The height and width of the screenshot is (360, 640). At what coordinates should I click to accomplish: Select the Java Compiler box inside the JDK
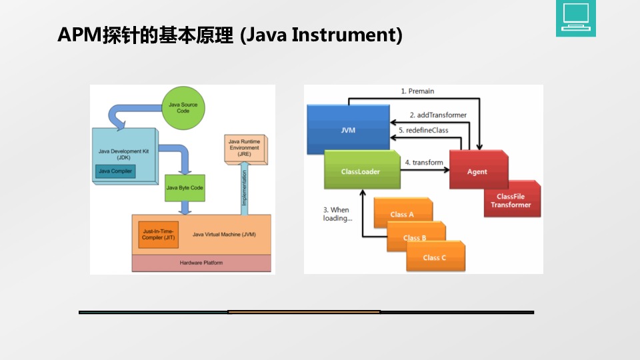pyautogui.click(x=115, y=171)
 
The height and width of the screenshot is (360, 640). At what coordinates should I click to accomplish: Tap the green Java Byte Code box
pyautogui.click(x=185, y=188)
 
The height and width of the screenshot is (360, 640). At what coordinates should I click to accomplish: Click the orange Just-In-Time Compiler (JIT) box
pyautogui.click(x=159, y=234)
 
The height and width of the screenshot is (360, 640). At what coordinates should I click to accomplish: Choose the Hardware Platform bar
pyautogui.click(x=201, y=263)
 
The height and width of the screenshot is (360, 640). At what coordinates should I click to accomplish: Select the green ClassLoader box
pyautogui.click(x=361, y=171)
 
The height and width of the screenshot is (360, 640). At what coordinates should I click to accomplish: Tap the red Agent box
pyautogui.click(x=477, y=171)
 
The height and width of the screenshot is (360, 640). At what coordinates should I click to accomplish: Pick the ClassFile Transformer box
pyautogui.click(x=511, y=201)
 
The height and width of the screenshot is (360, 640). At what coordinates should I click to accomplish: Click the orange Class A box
pyautogui.click(x=402, y=214)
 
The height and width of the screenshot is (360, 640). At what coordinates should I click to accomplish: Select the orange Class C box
pyautogui.click(x=435, y=257)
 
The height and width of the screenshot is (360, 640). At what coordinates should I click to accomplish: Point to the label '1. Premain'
pyautogui.click(x=417, y=91)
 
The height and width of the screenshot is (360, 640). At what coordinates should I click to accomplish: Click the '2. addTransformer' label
pyautogui.click(x=438, y=115)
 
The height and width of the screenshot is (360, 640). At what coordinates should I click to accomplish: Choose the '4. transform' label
pyautogui.click(x=424, y=162)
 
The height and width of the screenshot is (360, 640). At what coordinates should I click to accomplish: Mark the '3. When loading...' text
pyautogui.click(x=337, y=214)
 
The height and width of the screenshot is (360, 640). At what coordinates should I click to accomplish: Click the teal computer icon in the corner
pyautogui.click(x=575, y=18)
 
